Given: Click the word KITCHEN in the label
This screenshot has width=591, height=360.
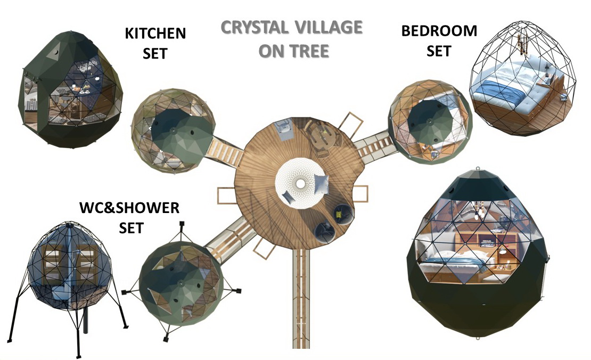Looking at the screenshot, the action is [x=155, y=34].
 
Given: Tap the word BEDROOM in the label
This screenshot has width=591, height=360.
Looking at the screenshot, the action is [x=439, y=31].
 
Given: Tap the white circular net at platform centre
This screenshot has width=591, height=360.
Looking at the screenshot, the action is [x=300, y=183].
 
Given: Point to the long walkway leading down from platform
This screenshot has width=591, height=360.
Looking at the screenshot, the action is [x=301, y=298].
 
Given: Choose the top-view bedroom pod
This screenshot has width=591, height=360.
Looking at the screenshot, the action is [x=430, y=121].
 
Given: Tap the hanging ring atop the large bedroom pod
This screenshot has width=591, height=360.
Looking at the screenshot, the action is [x=478, y=168].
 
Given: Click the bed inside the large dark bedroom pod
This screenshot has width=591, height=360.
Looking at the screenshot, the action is [x=452, y=260].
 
